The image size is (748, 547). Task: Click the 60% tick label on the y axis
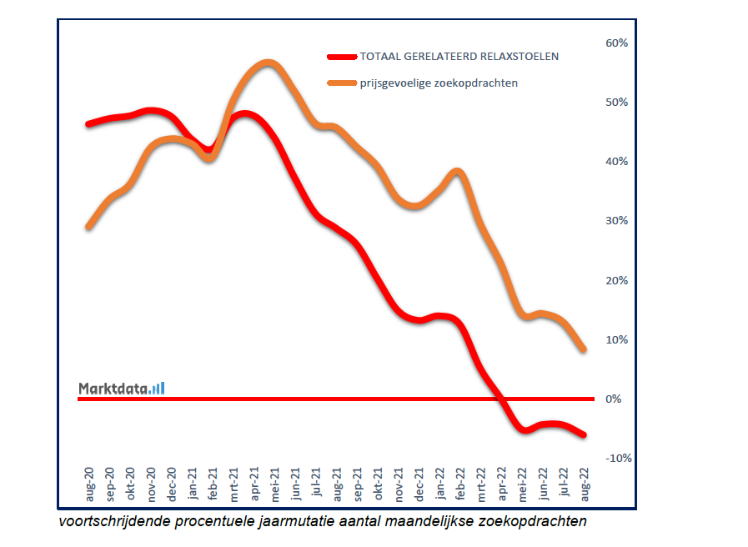[x=616, y=43]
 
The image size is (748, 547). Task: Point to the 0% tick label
[x=614, y=399]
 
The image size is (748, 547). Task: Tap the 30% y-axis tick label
[x=616, y=221]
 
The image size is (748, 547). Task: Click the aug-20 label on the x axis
[x=89, y=484]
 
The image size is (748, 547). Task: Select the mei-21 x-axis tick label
[x=274, y=484]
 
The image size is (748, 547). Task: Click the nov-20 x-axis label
[x=151, y=484]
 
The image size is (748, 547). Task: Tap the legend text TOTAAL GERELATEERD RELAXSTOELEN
[x=459, y=57]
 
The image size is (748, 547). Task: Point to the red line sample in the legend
[x=341, y=57]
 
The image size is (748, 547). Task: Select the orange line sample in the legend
[x=341, y=83]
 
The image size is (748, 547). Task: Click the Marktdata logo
[x=122, y=388]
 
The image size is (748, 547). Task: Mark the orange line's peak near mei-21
[x=267, y=63]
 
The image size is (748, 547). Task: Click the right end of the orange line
[x=583, y=349]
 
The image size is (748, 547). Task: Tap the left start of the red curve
[x=88, y=124]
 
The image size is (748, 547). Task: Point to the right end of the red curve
[x=583, y=434]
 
